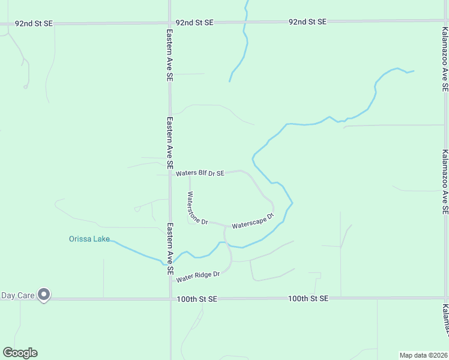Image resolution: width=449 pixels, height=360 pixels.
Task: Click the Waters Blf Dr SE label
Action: tap(200, 173)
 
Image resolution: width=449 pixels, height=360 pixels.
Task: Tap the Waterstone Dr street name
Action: tap(197, 208)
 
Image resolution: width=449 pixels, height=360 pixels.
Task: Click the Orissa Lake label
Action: tap(89, 239)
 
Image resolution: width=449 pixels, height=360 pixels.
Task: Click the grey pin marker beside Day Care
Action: tap(43, 295)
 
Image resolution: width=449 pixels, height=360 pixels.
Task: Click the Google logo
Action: tap(20, 353)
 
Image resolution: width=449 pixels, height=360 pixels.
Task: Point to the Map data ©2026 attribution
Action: tap(423, 355)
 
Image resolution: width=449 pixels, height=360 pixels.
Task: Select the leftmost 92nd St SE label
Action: tap(34, 23)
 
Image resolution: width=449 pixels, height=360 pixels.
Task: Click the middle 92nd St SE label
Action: tap(194, 22)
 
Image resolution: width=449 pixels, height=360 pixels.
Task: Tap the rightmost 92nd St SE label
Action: tap(307, 22)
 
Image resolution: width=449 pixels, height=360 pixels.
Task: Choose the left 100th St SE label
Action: tap(196, 298)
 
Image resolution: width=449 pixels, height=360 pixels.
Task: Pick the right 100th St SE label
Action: tap(308, 298)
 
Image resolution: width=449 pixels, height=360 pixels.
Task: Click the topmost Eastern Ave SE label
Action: tap(170, 55)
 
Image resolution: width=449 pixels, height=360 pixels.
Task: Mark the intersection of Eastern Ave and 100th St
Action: tap(170, 298)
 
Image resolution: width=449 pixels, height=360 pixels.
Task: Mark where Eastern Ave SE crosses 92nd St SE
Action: tap(170, 23)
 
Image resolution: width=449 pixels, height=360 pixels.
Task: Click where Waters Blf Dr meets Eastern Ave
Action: tap(170, 175)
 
